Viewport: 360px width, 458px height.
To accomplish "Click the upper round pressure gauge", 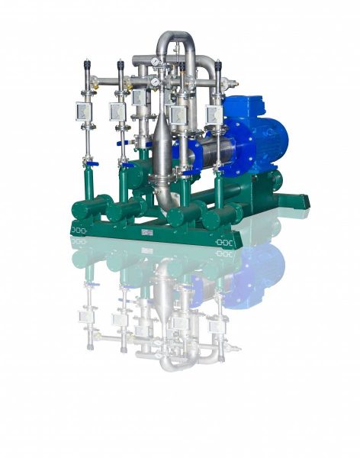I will click(155, 63).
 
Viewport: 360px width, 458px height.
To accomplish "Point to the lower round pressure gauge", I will click(155, 82).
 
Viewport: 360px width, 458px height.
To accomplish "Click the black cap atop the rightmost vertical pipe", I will click(218, 66).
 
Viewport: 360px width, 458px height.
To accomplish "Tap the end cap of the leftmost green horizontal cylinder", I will click(76, 209).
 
